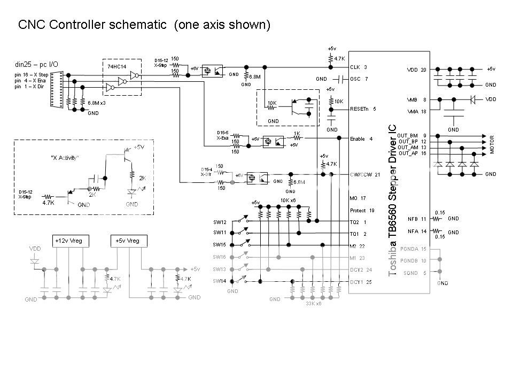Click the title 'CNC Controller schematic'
coord(94,25)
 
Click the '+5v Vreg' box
coord(127,241)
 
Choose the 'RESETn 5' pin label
coord(363,109)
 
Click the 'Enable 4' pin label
coord(361,138)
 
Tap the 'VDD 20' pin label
coord(416,70)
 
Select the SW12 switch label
coord(220,221)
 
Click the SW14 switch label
coord(220,281)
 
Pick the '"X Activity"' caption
coord(65,158)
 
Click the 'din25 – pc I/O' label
coord(36,65)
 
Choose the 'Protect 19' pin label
coord(362,210)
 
